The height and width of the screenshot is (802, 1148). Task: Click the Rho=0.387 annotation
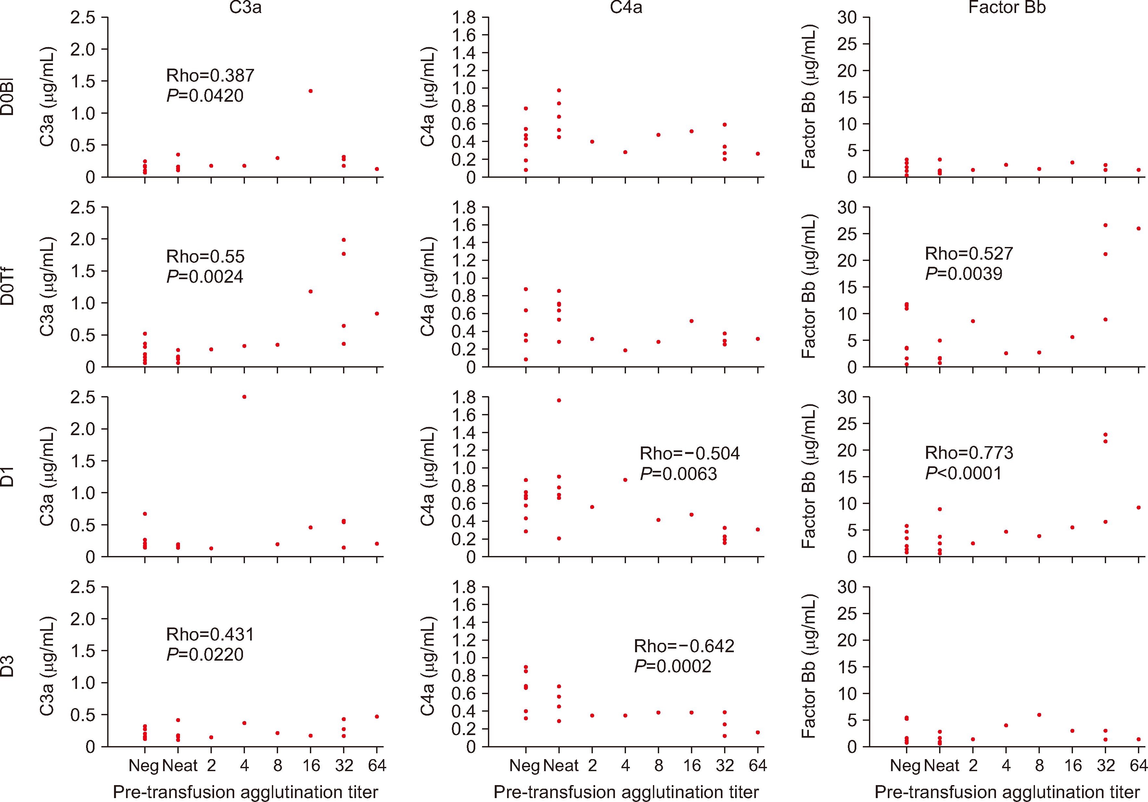pos(210,75)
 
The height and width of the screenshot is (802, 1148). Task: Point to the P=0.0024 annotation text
pos(205,277)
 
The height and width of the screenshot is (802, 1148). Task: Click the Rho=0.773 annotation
pos(968,453)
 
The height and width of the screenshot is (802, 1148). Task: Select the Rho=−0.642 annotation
pos(684,646)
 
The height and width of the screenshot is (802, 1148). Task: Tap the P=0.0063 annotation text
pos(679,474)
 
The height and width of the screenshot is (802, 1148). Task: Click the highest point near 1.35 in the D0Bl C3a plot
pos(311,91)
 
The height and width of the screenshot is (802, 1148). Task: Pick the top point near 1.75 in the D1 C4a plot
pos(559,400)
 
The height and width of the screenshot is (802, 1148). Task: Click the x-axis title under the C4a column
pos(626,792)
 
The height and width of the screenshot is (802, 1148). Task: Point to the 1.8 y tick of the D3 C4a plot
pos(464,587)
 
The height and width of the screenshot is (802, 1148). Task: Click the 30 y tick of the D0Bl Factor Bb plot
pos(847,18)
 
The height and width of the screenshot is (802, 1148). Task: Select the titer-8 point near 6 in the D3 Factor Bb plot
pos(1039,715)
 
